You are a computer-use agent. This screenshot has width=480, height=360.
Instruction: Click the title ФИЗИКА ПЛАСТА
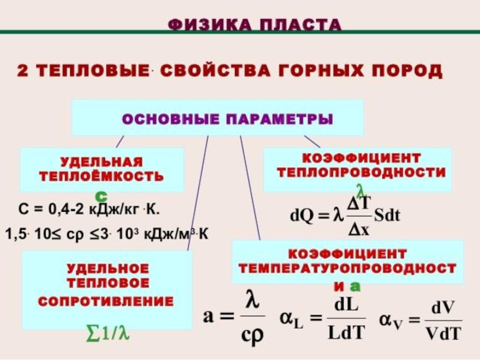tap(254, 25)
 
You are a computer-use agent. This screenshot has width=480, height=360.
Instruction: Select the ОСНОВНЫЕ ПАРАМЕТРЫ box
tap(217, 118)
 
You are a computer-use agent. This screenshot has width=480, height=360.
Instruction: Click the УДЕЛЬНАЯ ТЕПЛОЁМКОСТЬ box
tap(101, 169)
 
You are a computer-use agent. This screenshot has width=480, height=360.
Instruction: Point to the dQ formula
tap(344, 215)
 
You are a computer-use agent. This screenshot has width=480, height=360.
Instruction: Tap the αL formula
tap(323, 318)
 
